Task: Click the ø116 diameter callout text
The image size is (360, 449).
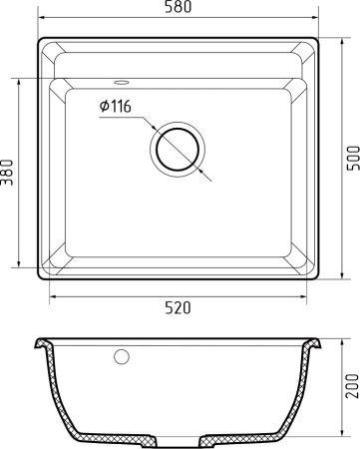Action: (116, 107)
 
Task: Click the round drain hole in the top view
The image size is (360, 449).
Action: (179, 151)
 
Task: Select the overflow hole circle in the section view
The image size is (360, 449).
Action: (124, 355)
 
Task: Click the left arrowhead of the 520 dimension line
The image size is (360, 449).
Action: (52, 296)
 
